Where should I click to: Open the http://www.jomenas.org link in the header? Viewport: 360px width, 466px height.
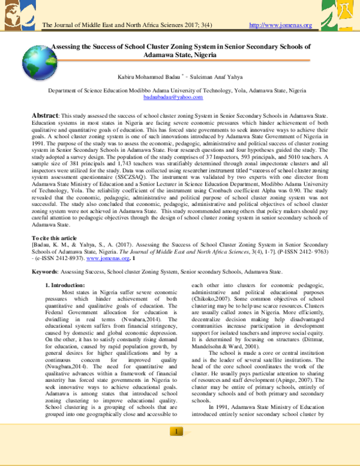tap(280, 25)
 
